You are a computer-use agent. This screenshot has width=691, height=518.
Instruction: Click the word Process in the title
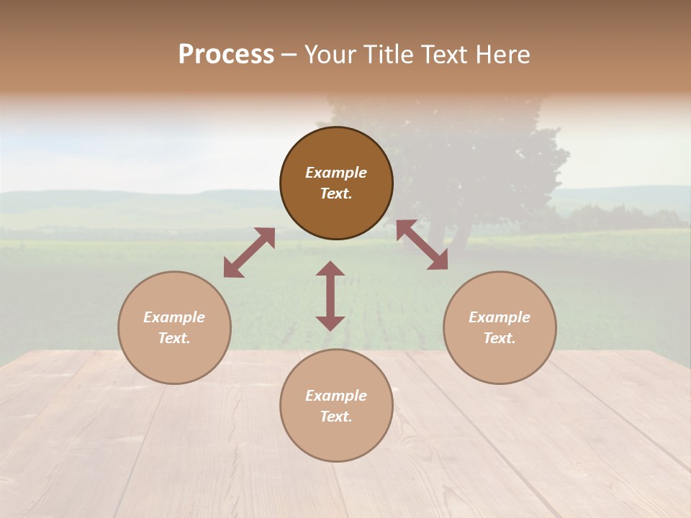click(226, 55)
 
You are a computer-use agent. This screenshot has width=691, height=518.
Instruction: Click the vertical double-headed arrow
click(330, 296)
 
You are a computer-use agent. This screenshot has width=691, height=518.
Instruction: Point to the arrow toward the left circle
click(249, 253)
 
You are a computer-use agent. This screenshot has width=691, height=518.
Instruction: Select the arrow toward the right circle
click(422, 245)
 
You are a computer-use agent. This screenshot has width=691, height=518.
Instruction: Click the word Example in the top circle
click(336, 173)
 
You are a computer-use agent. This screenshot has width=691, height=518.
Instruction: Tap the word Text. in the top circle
click(336, 194)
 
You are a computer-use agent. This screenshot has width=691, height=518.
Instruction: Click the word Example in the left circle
click(174, 317)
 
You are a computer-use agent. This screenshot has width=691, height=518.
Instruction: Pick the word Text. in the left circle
click(174, 338)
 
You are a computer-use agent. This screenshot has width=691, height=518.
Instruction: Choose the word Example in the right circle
click(500, 317)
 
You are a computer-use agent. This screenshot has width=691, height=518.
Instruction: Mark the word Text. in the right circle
click(500, 338)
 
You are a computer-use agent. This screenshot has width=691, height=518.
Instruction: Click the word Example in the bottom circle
click(336, 396)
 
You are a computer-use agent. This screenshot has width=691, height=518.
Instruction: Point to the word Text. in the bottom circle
click(336, 417)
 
